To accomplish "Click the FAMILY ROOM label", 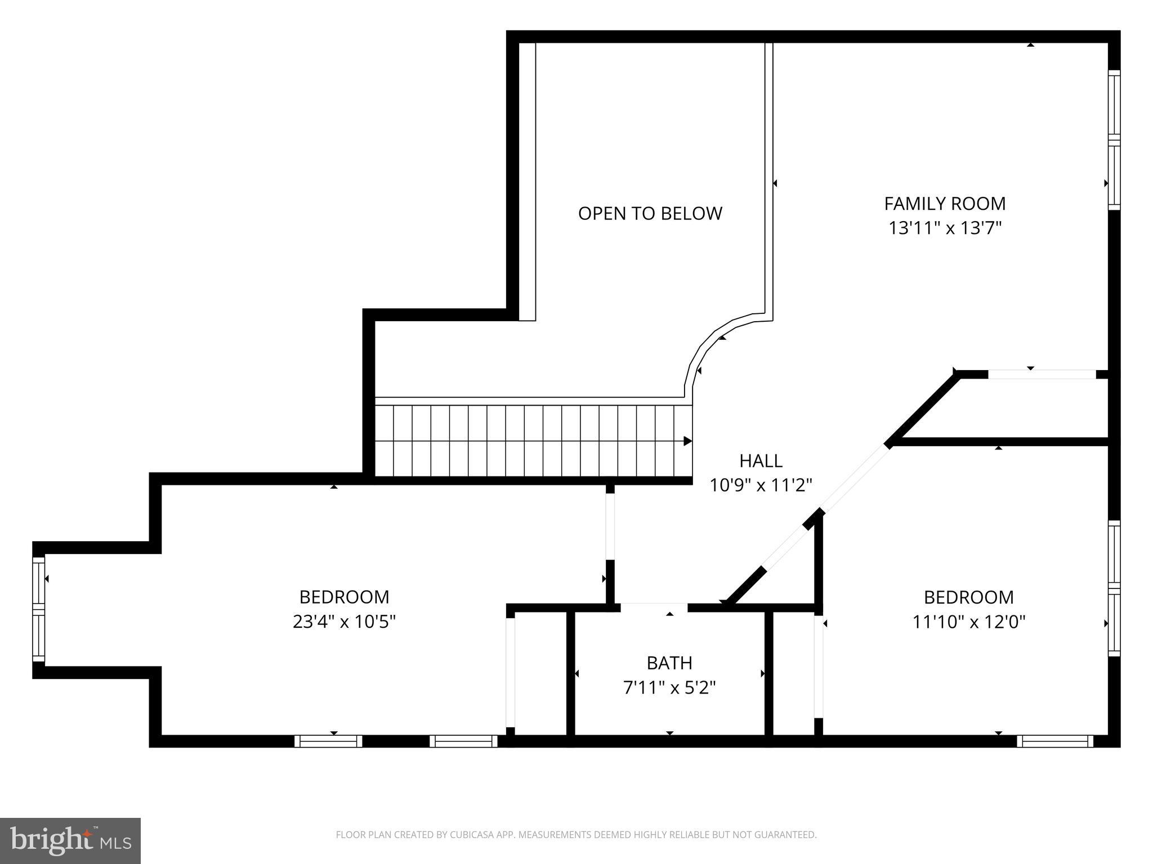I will (x=945, y=203).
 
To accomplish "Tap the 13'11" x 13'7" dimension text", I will (x=945, y=228).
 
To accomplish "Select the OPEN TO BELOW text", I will (x=650, y=214).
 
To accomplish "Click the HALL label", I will (x=761, y=461).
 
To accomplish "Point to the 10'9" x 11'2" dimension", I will (x=761, y=485).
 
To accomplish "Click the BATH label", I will (x=669, y=663).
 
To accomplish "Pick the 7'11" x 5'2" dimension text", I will (x=669, y=688).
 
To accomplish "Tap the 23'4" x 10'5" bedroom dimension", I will (x=344, y=622).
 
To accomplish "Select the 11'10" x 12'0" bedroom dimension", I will (x=968, y=622).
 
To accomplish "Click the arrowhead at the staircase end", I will (x=687, y=441).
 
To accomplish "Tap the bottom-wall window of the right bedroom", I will (x=1054, y=741).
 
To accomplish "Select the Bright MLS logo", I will (x=70, y=840).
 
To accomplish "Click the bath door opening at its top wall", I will (x=654, y=607).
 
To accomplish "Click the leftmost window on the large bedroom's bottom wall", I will (x=328, y=741).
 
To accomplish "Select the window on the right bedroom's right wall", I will (x=1114, y=588).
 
